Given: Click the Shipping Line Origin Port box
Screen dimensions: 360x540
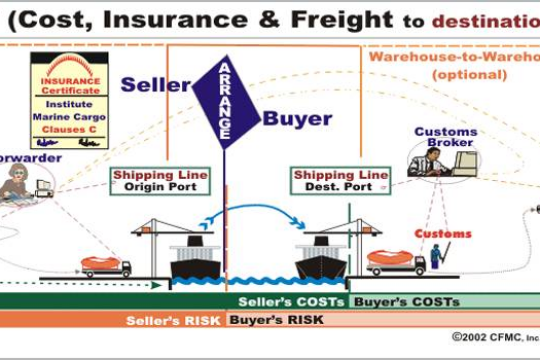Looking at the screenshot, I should point(161,181).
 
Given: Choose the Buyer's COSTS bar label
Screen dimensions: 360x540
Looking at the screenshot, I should point(390,301).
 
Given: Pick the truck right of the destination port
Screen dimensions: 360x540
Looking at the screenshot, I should point(396,263).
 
